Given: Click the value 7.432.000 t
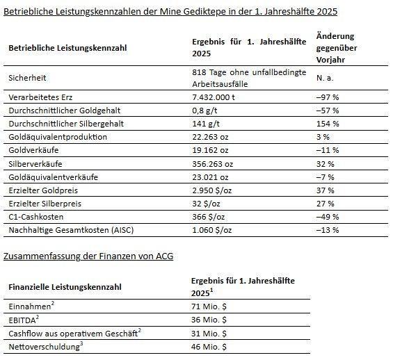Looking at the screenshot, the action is [x=214, y=97].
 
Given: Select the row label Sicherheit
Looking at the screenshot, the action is [x=27, y=78].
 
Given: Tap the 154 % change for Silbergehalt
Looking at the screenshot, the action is [x=328, y=124].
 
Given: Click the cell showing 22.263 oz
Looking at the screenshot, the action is [x=210, y=137].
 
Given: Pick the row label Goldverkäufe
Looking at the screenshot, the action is [x=33, y=150].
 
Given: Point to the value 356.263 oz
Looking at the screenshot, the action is [x=213, y=164].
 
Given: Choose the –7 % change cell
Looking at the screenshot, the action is [x=326, y=177].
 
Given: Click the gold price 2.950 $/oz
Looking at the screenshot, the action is [x=211, y=190].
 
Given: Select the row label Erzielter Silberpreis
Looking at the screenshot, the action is [x=45, y=204].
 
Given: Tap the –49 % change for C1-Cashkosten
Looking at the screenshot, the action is [x=328, y=217].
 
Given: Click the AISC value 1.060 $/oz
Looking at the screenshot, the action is [x=211, y=230].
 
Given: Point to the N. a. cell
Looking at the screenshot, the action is [x=325, y=78].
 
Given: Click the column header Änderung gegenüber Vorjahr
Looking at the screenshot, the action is [x=337, y=48].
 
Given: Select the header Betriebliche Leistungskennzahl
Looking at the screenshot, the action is [x=67, y=48].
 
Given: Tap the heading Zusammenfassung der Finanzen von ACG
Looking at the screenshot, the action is [x=88, y=256].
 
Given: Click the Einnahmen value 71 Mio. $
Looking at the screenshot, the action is [x=209, y=306].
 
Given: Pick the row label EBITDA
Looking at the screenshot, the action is [x=24, y=320].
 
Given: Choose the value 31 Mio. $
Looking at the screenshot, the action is [x=209, y=334].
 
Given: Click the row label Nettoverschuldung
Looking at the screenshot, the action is [x=46, y=347].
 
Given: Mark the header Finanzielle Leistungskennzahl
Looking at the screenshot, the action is [x=65, y=287].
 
